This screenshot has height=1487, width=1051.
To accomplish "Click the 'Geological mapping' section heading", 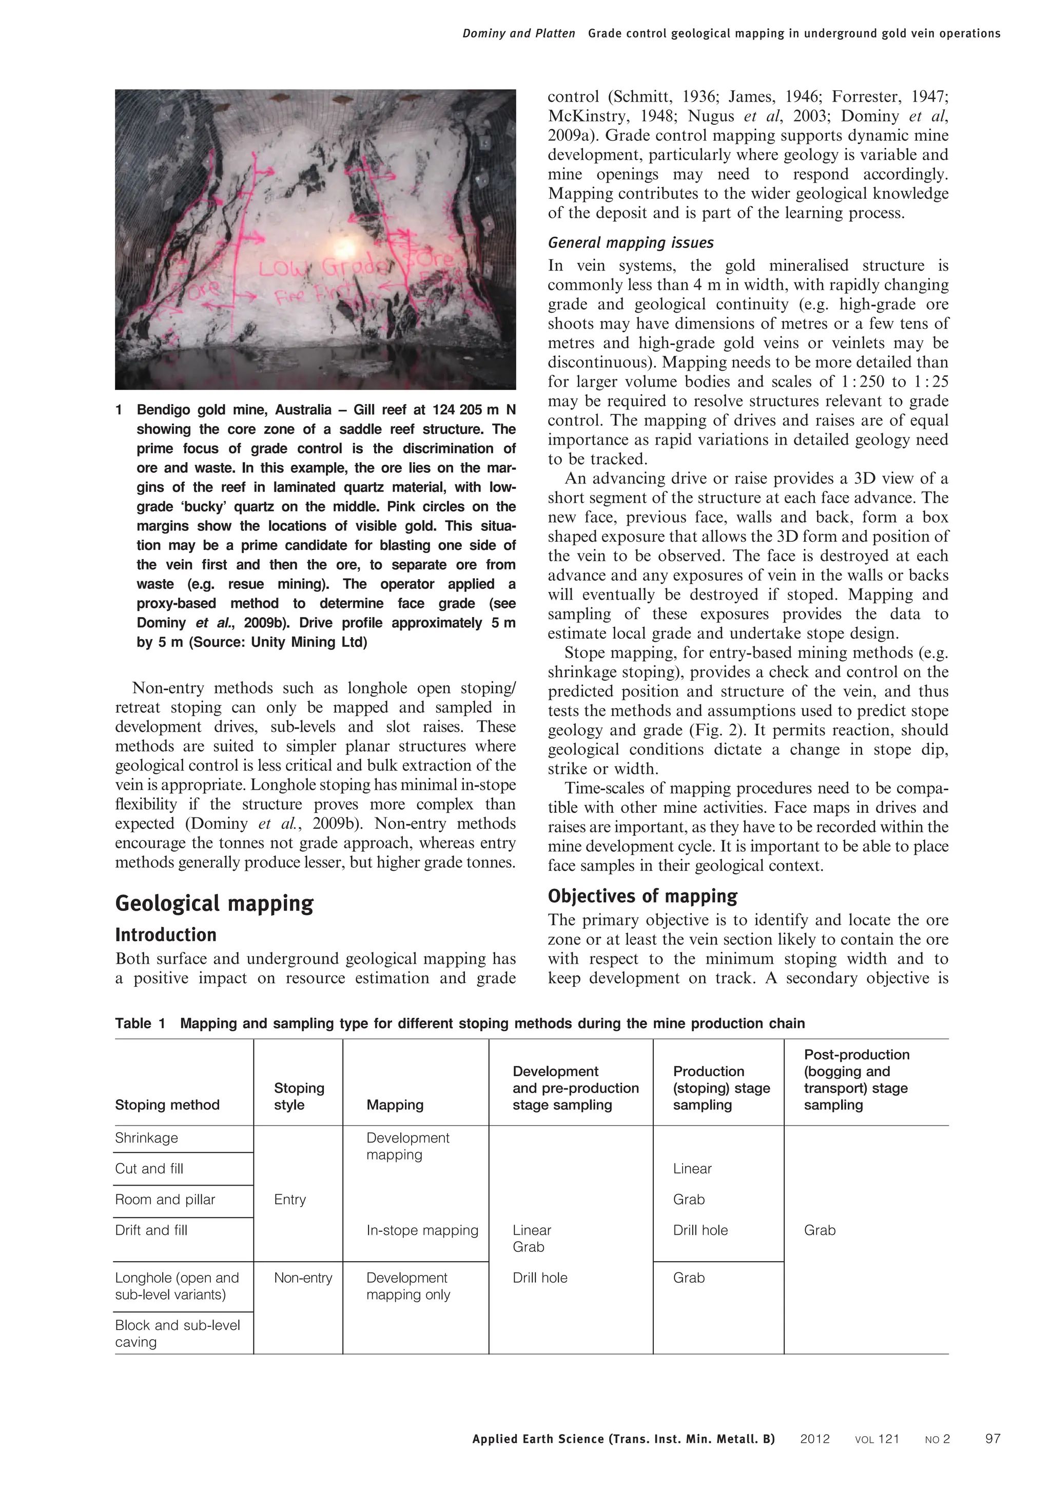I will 213,904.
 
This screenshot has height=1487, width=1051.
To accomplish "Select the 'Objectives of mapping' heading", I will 642,897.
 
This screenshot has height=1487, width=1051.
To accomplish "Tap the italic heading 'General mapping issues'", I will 630,243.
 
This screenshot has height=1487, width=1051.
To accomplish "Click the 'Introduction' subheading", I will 166,935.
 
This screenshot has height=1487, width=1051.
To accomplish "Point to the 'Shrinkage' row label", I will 146,1138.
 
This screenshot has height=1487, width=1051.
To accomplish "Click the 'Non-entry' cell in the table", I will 303,1278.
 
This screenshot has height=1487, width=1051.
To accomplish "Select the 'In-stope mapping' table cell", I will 422,1230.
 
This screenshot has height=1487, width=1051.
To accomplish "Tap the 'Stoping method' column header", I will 167,1105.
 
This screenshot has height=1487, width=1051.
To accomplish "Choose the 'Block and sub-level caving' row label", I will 178,1333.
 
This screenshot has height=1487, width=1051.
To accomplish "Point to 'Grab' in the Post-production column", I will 820,1230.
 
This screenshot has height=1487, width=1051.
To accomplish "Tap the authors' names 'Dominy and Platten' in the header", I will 518,34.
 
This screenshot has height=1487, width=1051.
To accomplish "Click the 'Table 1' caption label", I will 141,1023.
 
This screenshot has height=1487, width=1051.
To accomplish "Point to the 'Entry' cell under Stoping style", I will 289,1199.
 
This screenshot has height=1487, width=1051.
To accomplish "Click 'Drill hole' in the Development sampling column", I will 540,1278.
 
